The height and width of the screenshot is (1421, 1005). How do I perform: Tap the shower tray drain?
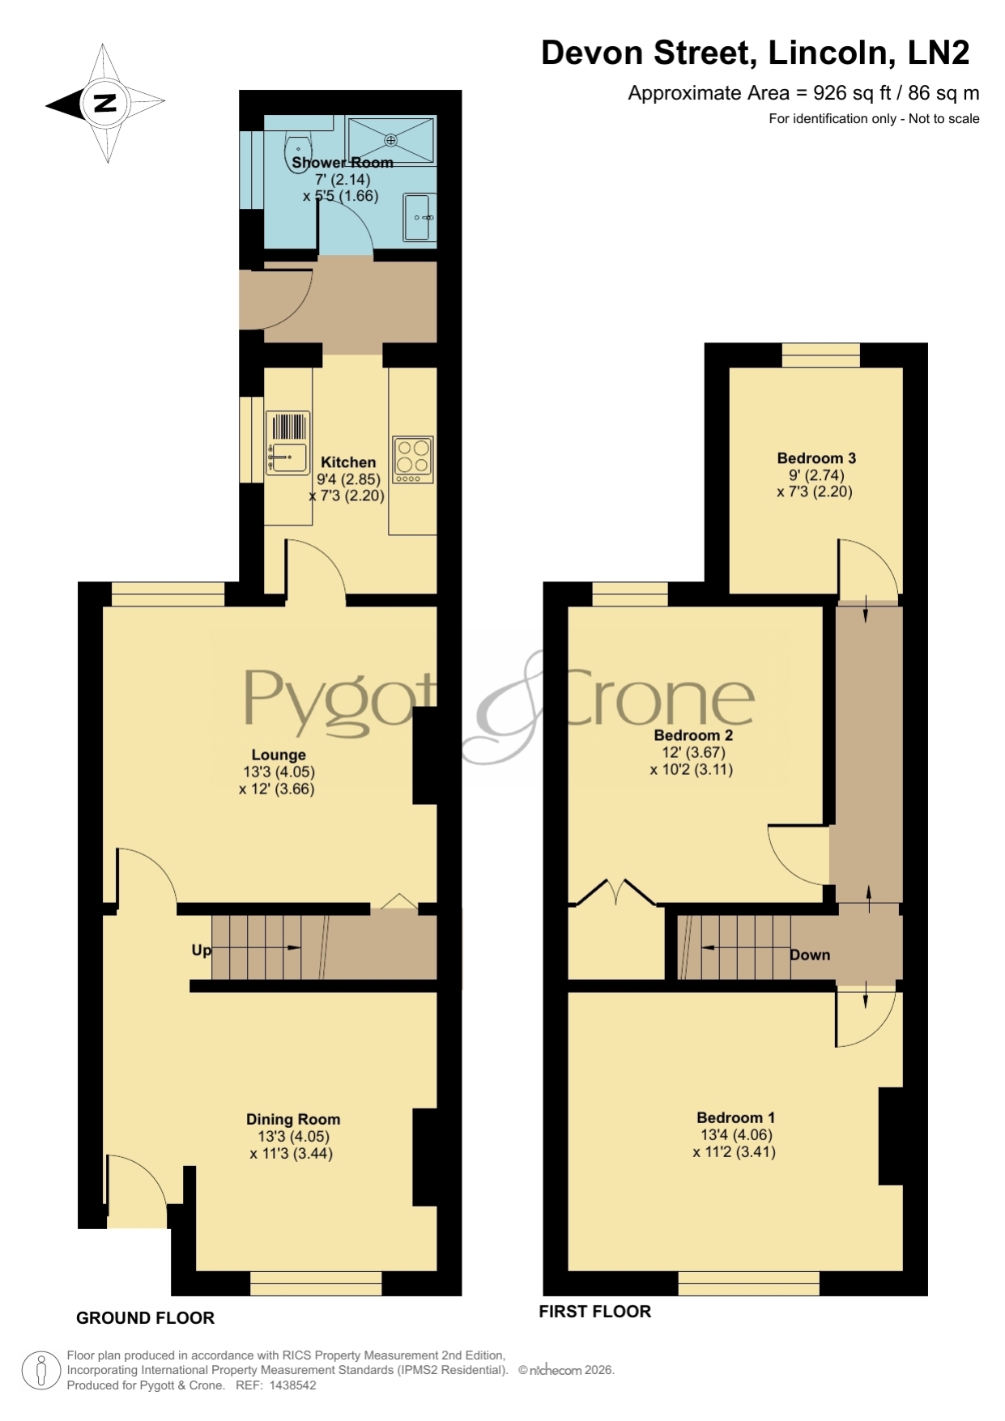click(391, 140)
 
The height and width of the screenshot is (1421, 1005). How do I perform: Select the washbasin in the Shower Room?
click(419, 217)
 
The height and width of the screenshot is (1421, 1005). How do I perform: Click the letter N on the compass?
click(105, 103)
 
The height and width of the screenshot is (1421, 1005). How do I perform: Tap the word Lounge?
click(278, 755)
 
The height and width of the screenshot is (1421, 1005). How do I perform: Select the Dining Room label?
click(293, 1119)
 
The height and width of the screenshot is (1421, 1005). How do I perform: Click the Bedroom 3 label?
click(816, 457)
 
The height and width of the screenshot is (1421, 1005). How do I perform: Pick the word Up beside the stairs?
click(201, 950)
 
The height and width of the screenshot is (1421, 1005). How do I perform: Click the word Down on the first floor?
click(810, 955)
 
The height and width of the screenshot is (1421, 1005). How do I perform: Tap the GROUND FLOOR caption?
click(145, 1318)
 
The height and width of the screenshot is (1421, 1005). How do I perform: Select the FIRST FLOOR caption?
click(595, 1312)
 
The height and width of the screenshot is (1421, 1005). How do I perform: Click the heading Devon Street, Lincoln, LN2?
click(755, 53)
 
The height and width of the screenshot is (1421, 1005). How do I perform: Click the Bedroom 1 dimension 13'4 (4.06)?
click(736, 1134)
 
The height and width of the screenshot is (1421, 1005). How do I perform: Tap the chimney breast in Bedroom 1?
click(891, 1136)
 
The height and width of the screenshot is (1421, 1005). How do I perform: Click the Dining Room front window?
click(316, 1283)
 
